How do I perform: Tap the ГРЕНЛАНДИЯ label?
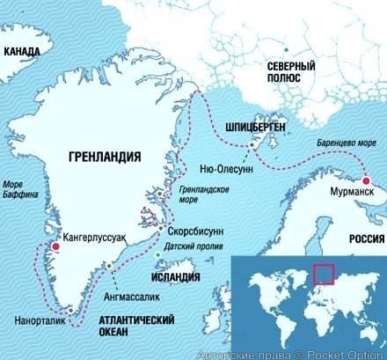(x=104, y=158)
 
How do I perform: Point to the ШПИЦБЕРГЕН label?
(x=257, y=126)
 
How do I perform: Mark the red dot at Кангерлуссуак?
(x=55, y=247)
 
